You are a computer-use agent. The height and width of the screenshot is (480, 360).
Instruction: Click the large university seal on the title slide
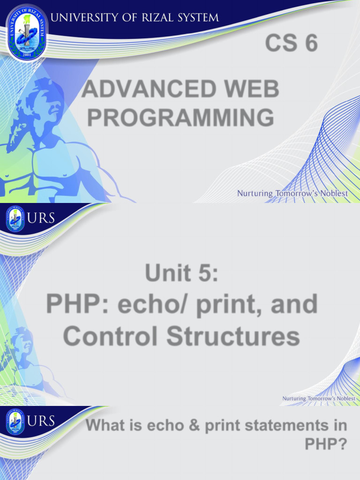click(26, 32)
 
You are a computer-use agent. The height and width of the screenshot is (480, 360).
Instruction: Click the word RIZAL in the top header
click(151, 18)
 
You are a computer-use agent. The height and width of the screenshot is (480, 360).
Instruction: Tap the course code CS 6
click(291, 44)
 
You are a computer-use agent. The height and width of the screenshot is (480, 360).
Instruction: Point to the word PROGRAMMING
click(180, 117)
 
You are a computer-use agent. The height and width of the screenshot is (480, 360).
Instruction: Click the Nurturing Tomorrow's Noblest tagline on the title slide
click(292, 193)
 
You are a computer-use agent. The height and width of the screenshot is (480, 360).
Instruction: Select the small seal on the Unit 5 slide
click(15, 219)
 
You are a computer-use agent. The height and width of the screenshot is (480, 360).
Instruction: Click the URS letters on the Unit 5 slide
click(41, 218)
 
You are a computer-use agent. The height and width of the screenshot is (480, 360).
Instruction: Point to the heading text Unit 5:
click(181, 272)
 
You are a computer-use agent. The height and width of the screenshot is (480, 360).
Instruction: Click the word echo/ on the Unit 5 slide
click(150, 304)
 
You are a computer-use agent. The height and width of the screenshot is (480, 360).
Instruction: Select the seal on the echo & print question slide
click(15, 422)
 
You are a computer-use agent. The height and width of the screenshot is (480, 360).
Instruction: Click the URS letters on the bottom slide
click(41, 421)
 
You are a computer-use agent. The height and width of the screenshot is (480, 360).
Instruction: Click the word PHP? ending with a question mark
click(326, 443)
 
